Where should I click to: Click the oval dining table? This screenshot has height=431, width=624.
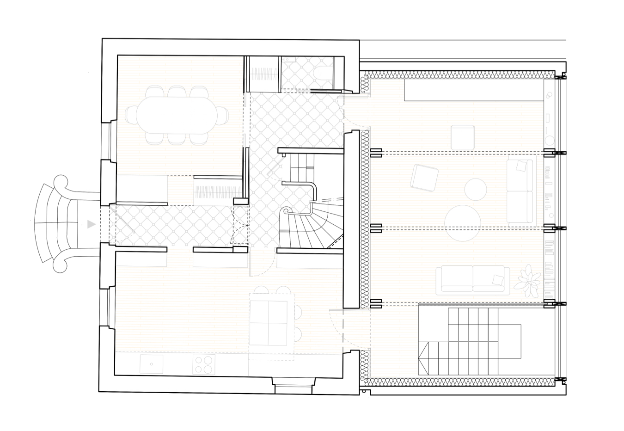(176, 115)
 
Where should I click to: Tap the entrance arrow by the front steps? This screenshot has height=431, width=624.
(92, 224)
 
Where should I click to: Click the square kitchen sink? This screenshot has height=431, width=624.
(151, 364)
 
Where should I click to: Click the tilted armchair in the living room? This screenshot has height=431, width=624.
(425, 178)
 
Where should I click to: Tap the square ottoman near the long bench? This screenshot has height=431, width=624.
(463, 137)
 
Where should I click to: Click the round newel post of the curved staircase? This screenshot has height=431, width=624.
(287, 211)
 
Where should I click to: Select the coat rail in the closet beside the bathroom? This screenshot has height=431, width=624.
(264, 74)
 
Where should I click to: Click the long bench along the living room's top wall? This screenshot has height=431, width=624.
(473, 90)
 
